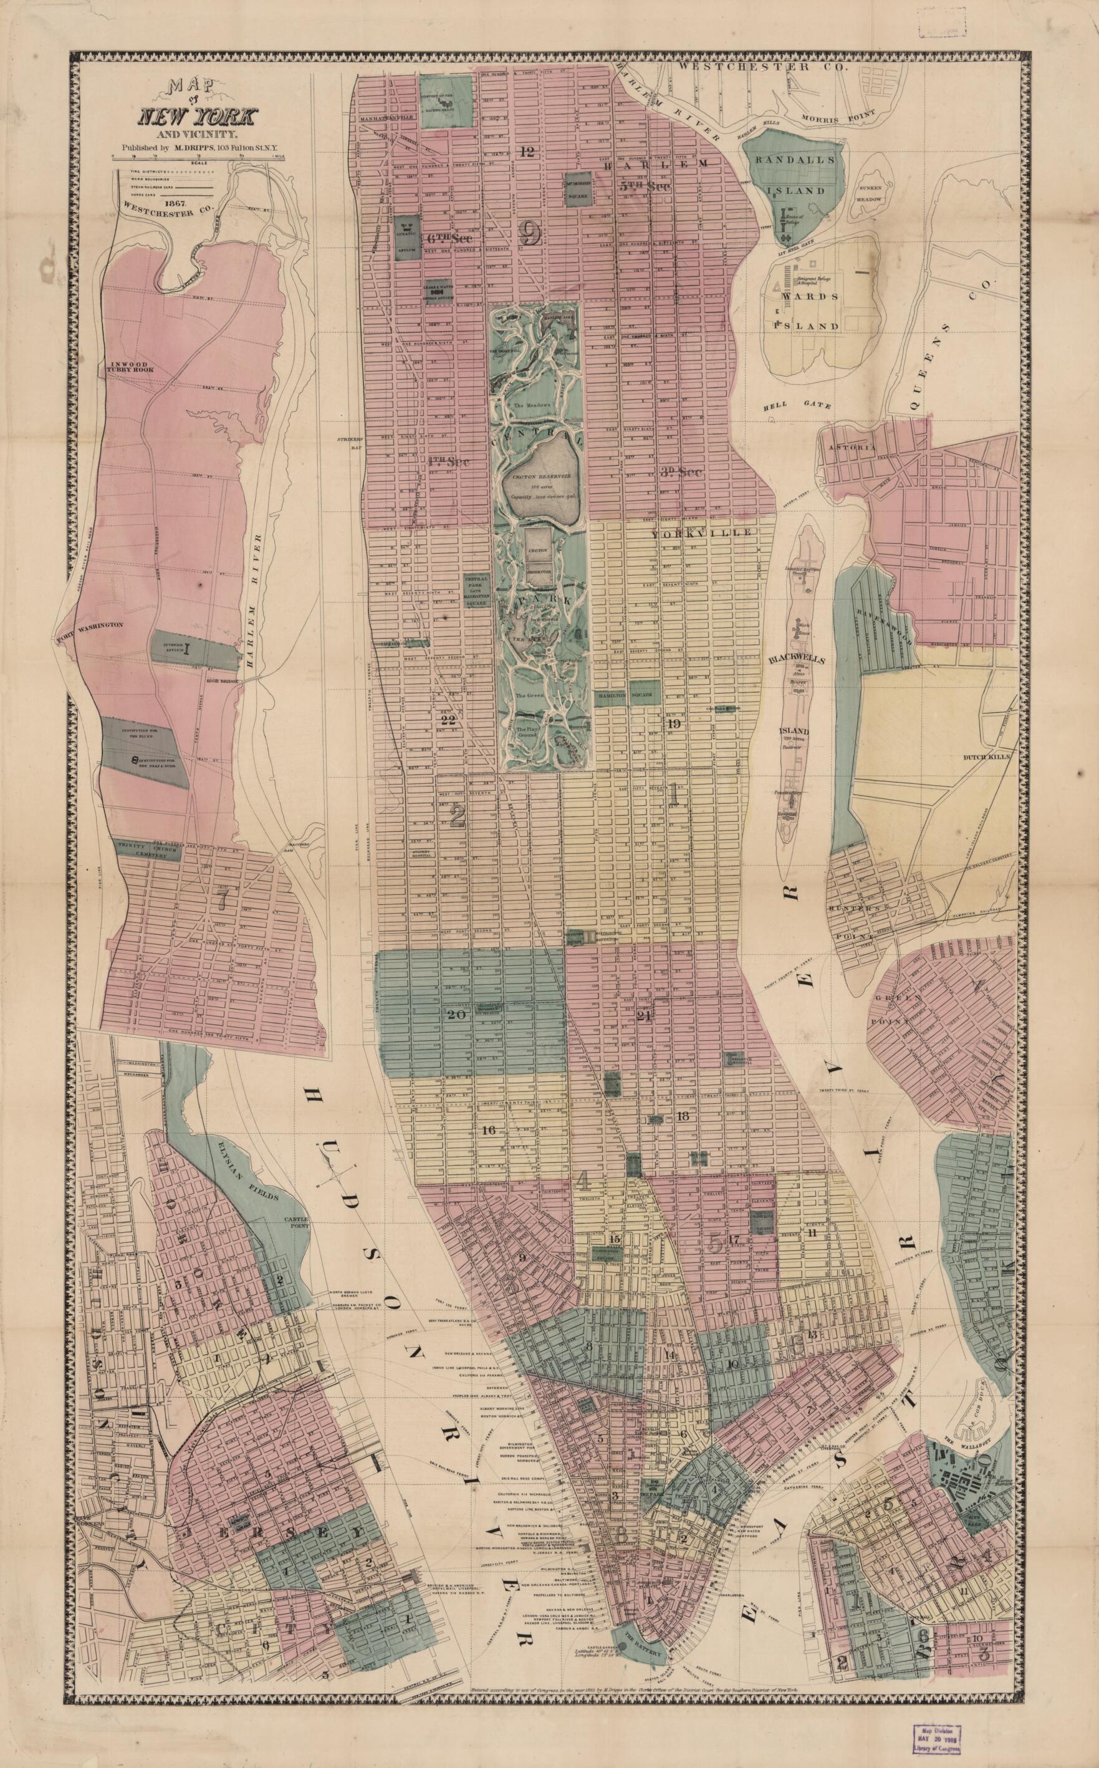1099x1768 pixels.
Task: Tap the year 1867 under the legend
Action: [x=176, y=203]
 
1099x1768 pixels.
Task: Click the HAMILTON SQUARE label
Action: [x=625, y=695]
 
